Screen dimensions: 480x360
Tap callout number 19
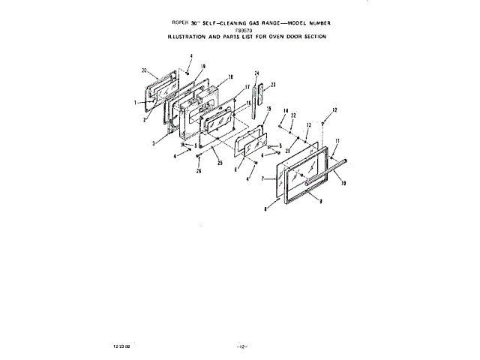click(202, 67)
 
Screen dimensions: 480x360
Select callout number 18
click(230, 77)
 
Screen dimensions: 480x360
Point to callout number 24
click(256, 73)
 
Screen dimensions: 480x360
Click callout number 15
click(268, 109)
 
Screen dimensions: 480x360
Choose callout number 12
click(334, 110)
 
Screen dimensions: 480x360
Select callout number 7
click(262, 180)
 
